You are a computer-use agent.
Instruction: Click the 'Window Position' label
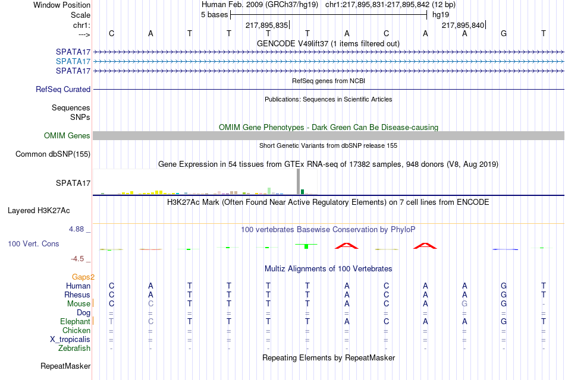pos(62,5)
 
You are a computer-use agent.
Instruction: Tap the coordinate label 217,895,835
pos(266,25)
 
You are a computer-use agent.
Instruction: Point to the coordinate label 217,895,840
pos(463,25)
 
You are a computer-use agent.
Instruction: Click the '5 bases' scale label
pos(214,15)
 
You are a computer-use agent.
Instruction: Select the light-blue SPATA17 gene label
pos(73,62)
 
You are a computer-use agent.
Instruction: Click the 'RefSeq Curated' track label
pos(63,89)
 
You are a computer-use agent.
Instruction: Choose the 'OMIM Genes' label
pos(67,135)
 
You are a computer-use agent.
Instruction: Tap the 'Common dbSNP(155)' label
pos(53,154)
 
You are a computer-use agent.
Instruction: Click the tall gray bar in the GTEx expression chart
pos(299,182)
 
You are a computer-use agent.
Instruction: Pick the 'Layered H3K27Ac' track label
pos(39,211)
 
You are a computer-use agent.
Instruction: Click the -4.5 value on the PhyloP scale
pos(77,259)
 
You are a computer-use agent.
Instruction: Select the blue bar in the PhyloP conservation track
pos(505,249)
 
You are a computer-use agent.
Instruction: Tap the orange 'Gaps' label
pos(81,277)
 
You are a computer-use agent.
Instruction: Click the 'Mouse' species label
pos(79,304)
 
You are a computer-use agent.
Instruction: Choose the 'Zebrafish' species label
pos(74,349)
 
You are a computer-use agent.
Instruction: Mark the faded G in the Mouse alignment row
pos(464,304)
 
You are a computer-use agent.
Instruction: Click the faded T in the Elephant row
pos(111,321)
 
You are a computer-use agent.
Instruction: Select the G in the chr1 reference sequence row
pos(504,33)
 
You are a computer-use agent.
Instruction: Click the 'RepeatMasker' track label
pos(65,366)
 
